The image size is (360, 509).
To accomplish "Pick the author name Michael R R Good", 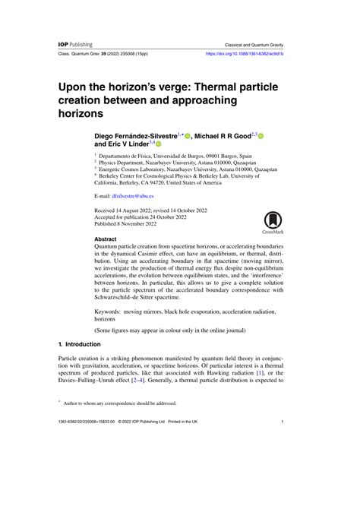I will click(x=228, y=136).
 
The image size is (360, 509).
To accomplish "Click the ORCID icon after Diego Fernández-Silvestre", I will click(x=188, y=136).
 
